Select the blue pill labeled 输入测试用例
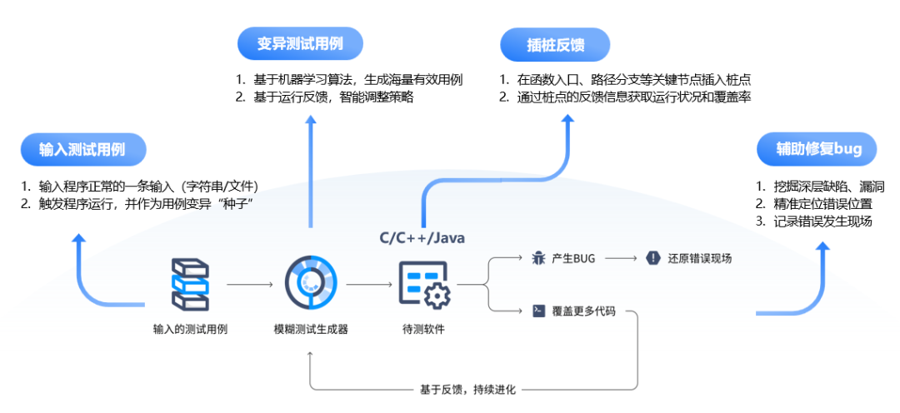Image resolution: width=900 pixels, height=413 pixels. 82,150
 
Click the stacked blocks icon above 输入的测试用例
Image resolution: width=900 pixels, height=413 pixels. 189,284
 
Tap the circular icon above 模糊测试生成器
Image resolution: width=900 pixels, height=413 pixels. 311,284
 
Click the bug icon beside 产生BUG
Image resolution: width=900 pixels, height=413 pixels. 538,259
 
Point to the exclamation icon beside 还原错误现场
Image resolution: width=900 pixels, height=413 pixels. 652,259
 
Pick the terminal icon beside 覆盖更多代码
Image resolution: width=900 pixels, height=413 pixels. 538,311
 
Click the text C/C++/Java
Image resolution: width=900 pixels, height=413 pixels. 422,238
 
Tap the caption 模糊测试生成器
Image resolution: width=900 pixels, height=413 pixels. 311,329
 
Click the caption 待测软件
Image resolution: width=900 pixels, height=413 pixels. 423,329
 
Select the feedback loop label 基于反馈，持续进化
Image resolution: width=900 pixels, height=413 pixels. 468,389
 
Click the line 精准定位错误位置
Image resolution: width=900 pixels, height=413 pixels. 823,203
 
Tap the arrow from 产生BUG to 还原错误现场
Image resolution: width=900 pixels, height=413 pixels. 621,259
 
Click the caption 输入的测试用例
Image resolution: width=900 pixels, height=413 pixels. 190,329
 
